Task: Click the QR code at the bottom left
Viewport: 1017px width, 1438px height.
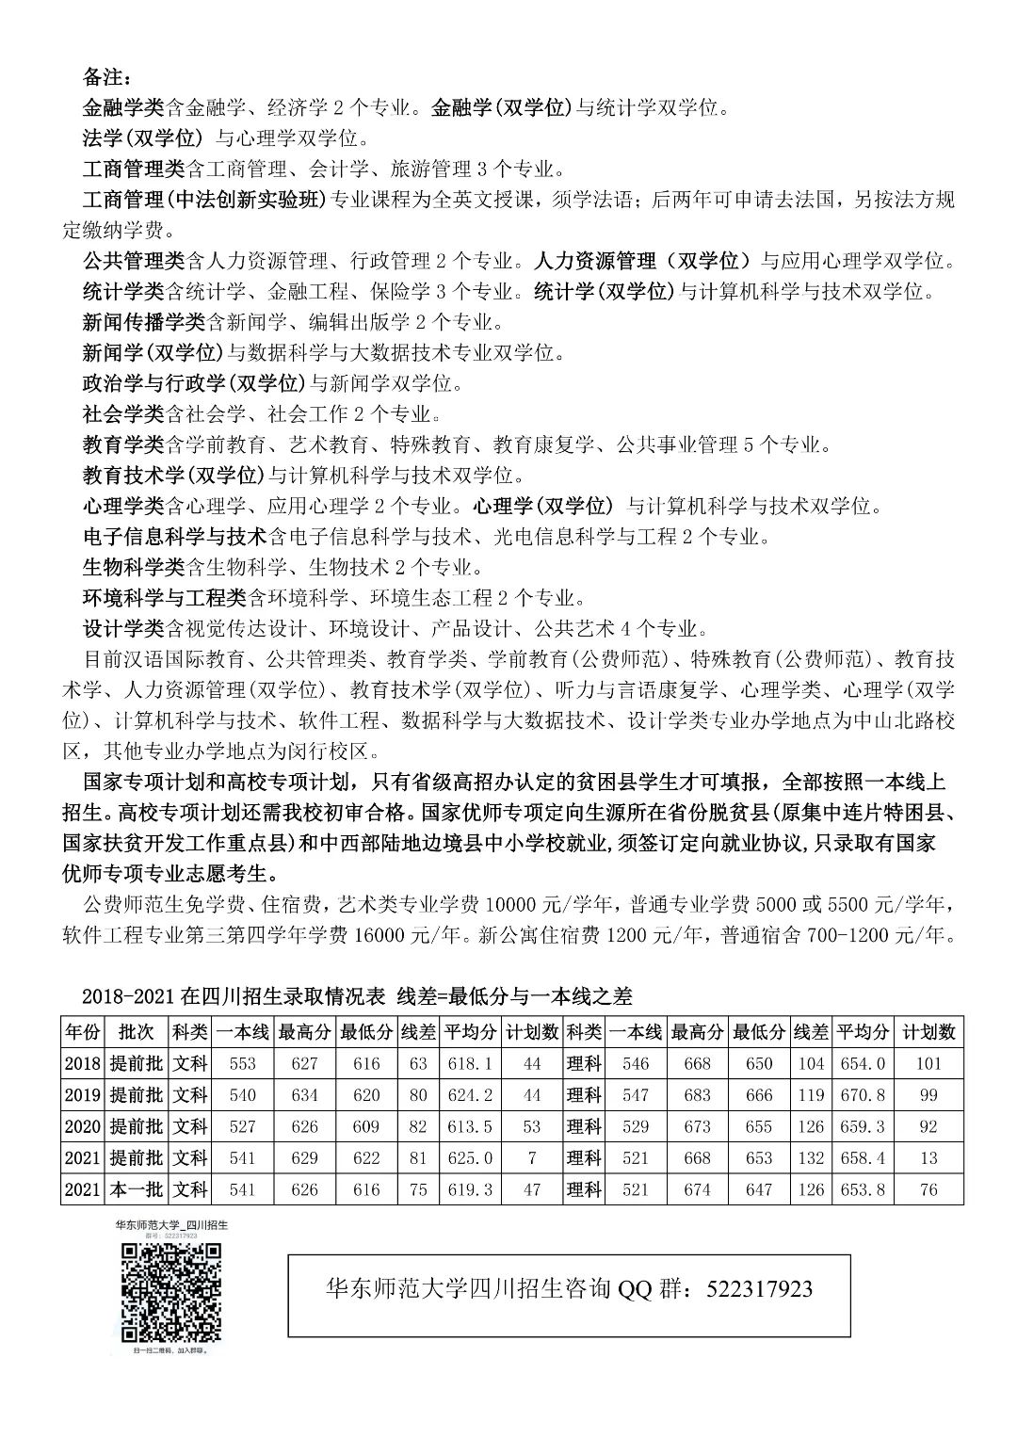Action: point(172,1293)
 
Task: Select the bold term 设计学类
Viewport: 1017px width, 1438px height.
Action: point(124,628)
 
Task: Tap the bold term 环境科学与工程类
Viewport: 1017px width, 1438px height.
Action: point(165,598)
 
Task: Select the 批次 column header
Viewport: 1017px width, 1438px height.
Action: point(136,1032)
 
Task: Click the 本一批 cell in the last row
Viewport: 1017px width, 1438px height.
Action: point(136,1189)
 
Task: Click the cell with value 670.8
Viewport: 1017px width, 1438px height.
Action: point(862,1095)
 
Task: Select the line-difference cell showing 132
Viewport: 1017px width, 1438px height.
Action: point(810,1157)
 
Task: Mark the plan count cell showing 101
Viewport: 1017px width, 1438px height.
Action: point(928,1063)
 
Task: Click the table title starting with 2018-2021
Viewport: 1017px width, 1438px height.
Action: point(358,996)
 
